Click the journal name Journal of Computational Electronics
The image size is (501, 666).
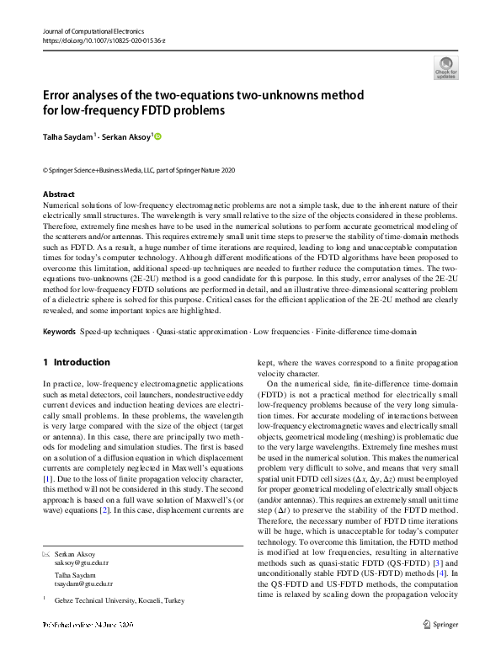pyautogui.click(x=93, y=31)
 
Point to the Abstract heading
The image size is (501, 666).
pyautogui.click(x=60, y=194)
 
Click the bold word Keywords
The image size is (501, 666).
pyautogui.click(x=63, y=332)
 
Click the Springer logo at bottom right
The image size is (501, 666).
pyautogui.click(x=441, y=647)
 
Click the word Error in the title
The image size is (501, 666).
pyautogui.click(x=60, y=95)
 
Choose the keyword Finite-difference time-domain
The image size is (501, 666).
pyautogui.click(x=365, y=332)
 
